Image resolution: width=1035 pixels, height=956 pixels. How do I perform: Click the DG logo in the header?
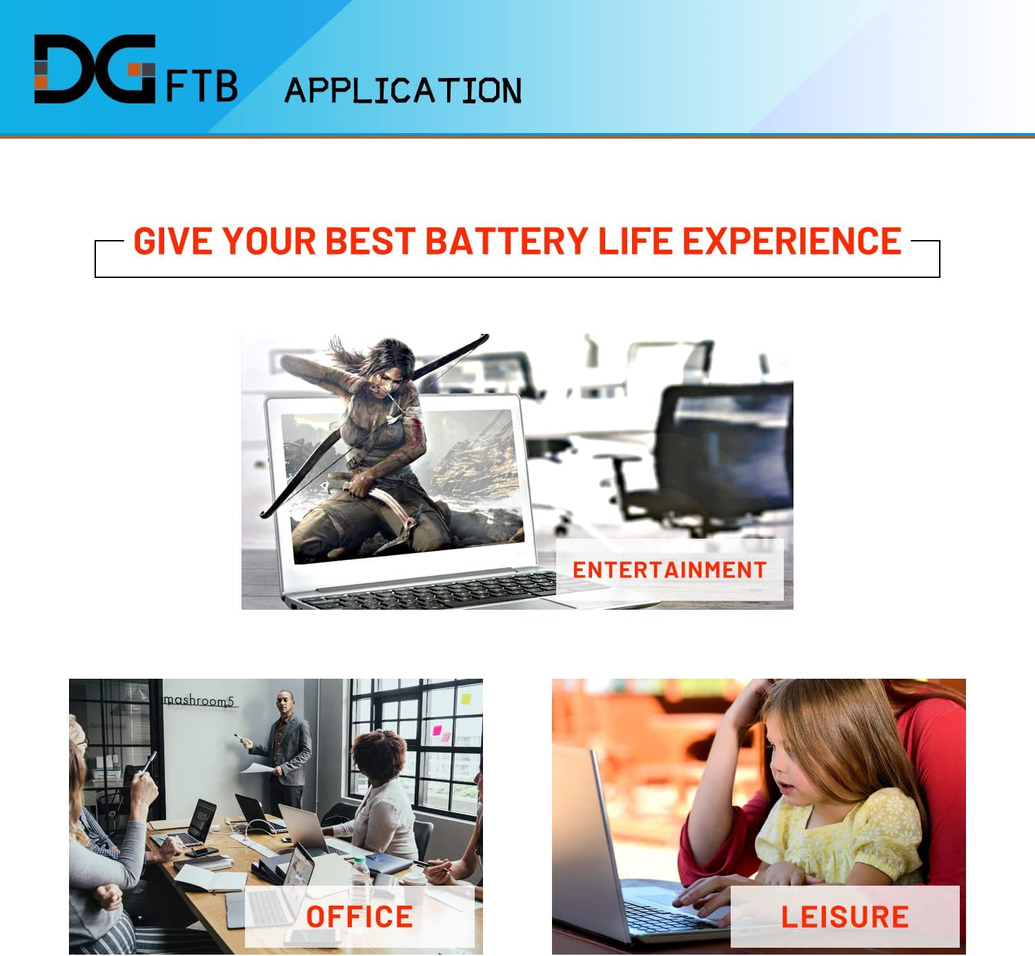tap(95, 69)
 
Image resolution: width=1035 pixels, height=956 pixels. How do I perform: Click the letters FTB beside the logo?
tap(202, 86)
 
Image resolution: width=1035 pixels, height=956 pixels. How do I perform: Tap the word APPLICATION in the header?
tap(403, 91)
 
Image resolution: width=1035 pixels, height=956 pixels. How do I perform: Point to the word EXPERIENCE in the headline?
tap(791, 241)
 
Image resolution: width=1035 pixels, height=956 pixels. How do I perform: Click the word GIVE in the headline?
tap(172, 241)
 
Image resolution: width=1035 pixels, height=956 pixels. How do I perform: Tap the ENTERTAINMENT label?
tap(669, 570)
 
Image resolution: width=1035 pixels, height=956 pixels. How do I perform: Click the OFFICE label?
tap(359, 917)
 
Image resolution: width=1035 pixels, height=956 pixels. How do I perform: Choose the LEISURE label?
tap(845, 917)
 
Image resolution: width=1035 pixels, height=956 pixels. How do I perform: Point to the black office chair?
tap(718, 455)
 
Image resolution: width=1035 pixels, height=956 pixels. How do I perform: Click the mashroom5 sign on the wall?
tap(199, 701)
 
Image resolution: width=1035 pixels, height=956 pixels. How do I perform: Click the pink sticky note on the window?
tap(437, 730)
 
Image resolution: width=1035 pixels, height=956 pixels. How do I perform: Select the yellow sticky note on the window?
tap(466, 699)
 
